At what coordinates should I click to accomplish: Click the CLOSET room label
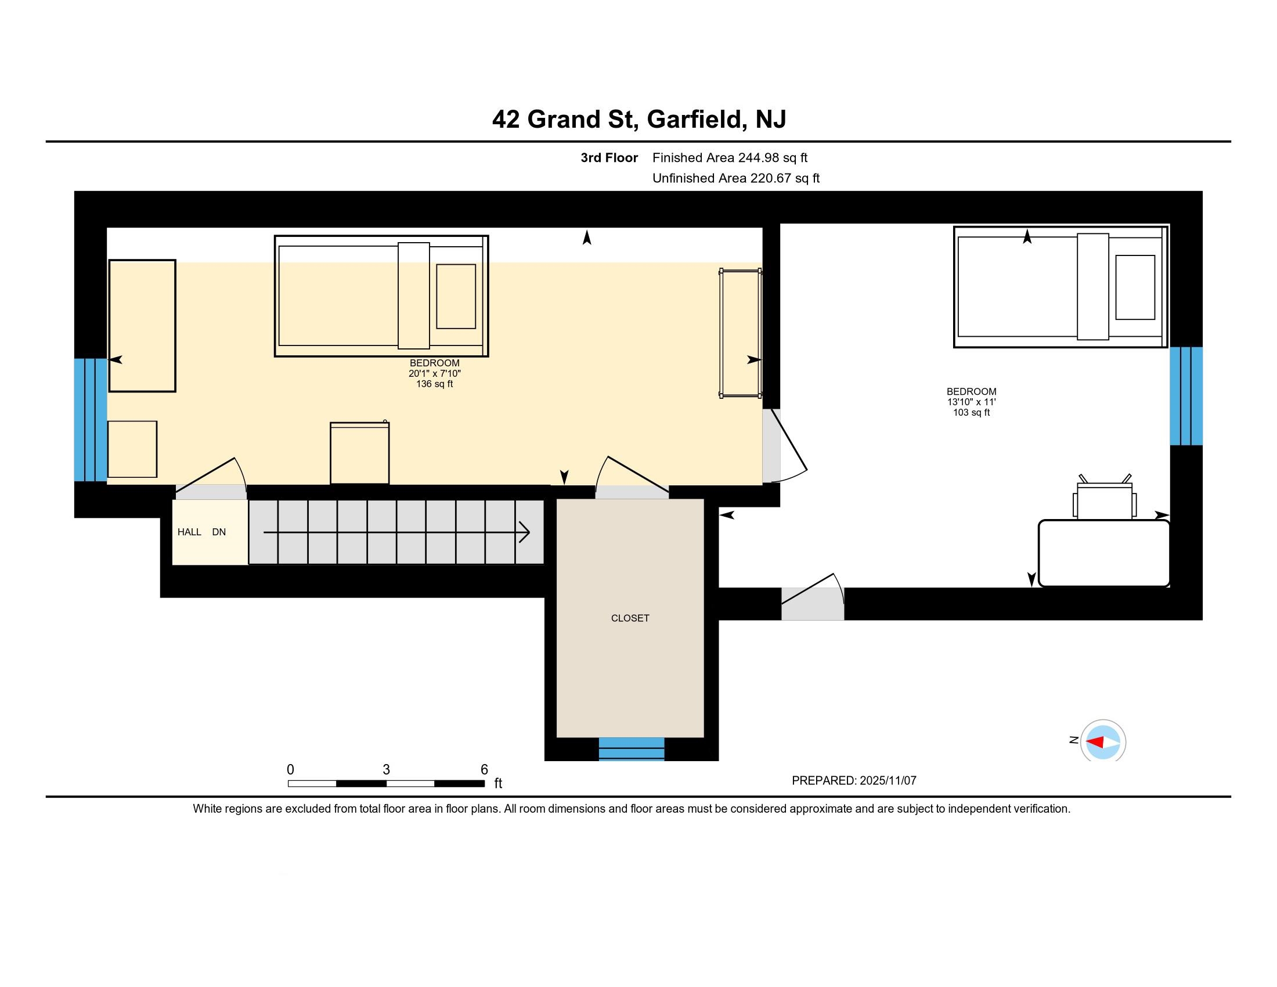click(x=630, y=618)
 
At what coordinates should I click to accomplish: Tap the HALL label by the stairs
click(x=189, y=532)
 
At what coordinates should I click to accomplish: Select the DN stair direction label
click(x=219, y=532)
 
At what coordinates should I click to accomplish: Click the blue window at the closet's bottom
click(x=632, y=748)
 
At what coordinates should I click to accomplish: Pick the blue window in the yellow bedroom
click(x=91, y=419)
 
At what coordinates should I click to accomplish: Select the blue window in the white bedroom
click(x=1186, y=396)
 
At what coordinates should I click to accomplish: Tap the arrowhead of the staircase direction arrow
click(x=525, y=532)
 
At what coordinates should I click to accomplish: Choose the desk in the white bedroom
click(x=1104, y=553)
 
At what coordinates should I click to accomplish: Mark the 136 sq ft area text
click(x=434, y=384)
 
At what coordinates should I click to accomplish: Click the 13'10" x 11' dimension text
click(x=971, y=402)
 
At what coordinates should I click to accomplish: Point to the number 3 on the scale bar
click(x=386, y=769)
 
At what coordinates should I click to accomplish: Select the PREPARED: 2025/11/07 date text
click(x=854, y=780)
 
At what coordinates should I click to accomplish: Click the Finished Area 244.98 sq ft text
click(x=730, y=158)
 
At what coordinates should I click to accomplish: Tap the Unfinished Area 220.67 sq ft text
click(x=735, y=178)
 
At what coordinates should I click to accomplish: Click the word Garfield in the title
click(x=694, y=119)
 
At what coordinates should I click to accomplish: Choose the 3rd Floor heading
click(x=609, y=158)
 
